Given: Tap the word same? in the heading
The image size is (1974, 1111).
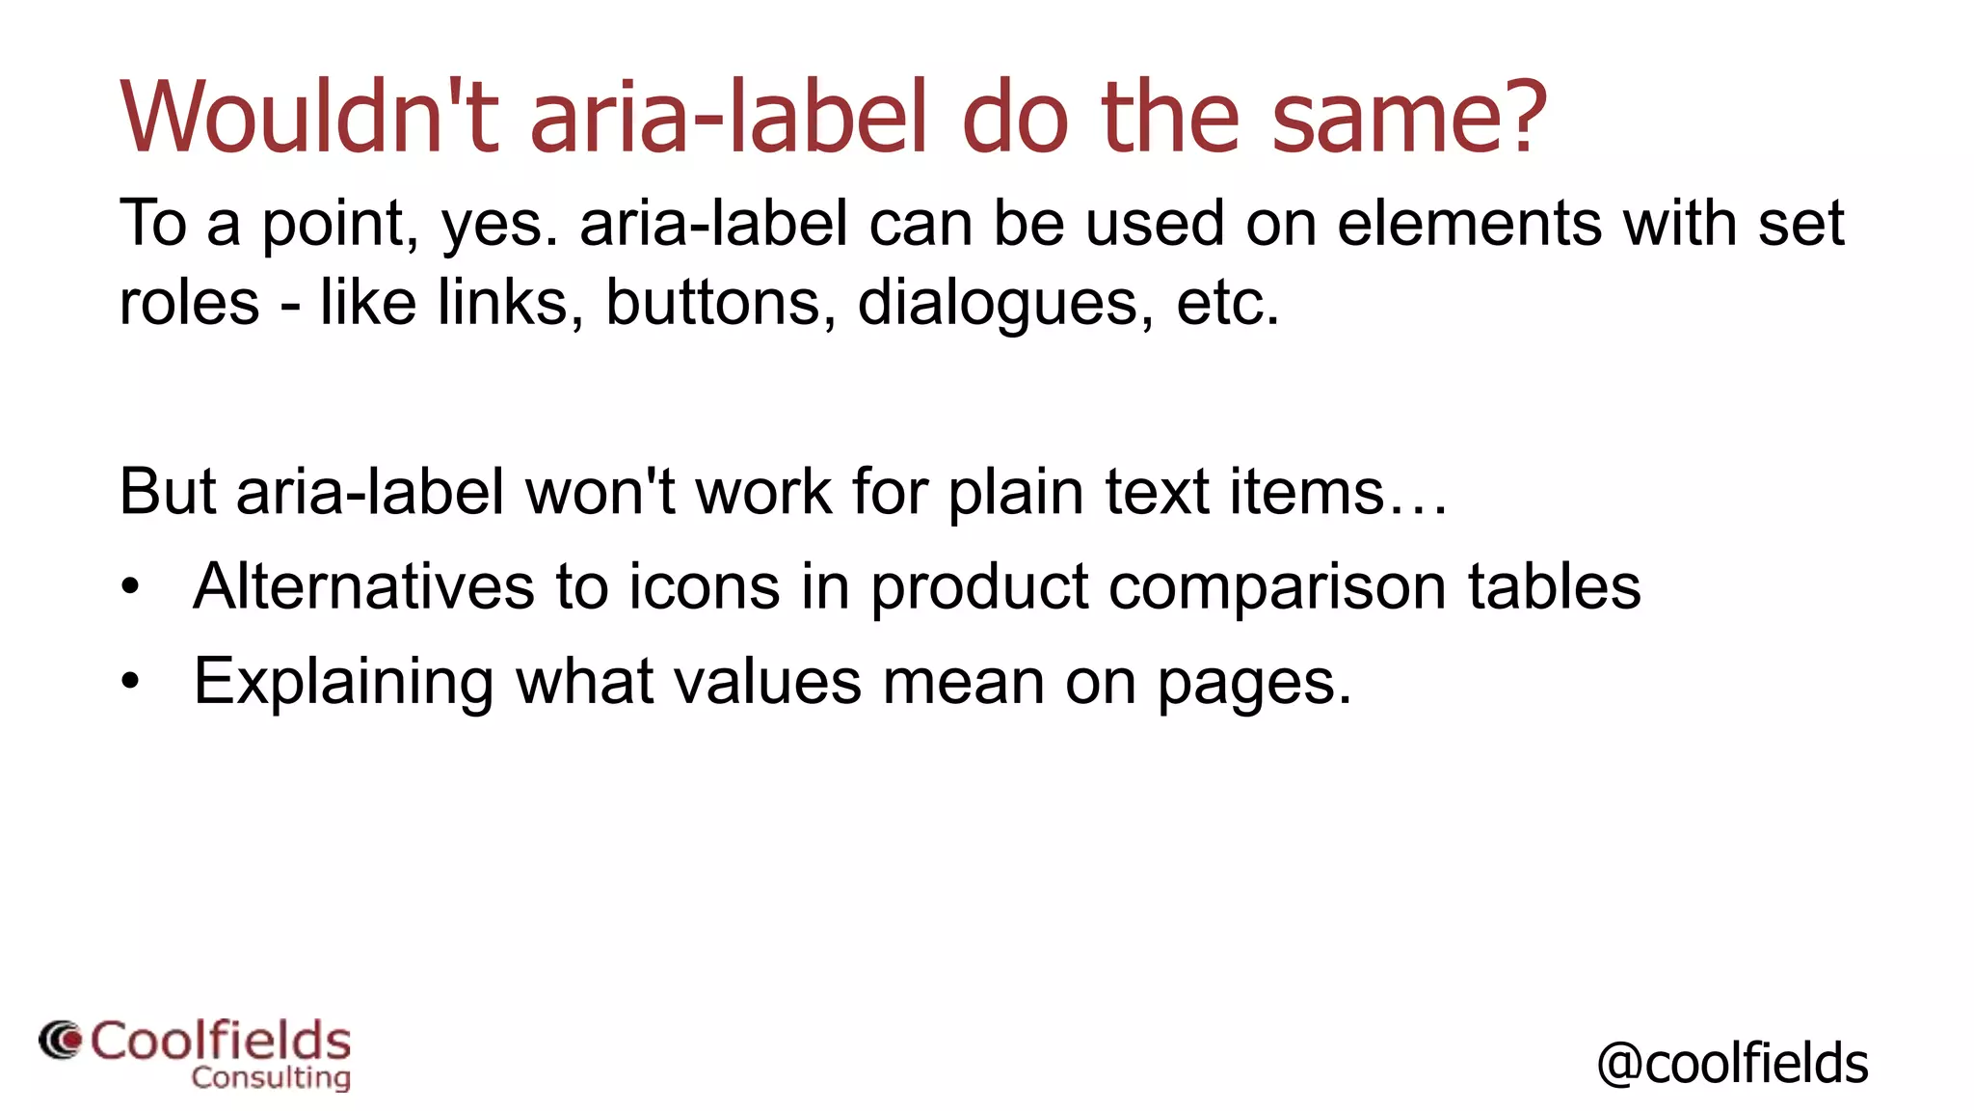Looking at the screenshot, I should [1409, 117].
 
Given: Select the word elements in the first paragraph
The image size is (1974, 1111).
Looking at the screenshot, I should [1470, 223].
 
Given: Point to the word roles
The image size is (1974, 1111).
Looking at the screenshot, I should [189, 302].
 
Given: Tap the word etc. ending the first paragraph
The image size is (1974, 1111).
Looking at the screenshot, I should [1228, 302].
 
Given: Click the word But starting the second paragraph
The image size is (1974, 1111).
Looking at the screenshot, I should [168, 491].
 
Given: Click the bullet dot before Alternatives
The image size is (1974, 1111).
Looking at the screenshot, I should [130, 586].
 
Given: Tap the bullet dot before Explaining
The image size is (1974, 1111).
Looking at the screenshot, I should [130, 682].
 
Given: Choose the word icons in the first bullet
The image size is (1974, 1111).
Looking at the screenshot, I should [704, 586].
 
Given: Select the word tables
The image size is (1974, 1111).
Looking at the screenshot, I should [1554, 586].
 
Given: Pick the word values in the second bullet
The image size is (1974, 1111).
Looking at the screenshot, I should [767, 681].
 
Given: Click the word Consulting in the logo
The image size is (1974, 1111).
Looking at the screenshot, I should [271, 1077].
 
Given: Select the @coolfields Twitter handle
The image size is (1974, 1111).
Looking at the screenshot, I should [1732, 1064].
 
